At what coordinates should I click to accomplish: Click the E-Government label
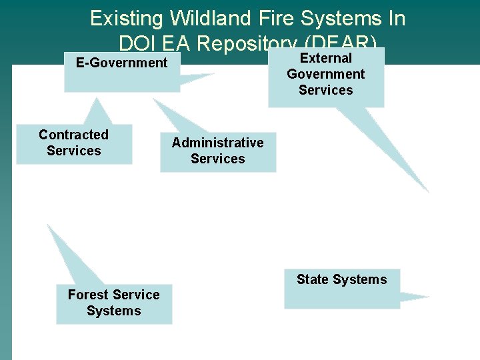pyautogui.click(x=121, y=63)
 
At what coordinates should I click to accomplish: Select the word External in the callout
pyautogui.click(x=326, y=58)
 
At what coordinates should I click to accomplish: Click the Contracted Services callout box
pyautogui.click(x=74, y=143)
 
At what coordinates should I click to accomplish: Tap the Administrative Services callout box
pyautogui.click(x=217, y=151)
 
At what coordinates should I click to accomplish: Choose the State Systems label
pyautogui.click(x=341, y=279)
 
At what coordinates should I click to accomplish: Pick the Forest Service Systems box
pyautogui.click(x=113, y=303)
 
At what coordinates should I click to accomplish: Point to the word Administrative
pyautogui.click(x=217, y=143)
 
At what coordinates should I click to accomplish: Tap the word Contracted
pyautogui.click(x=73, y=135)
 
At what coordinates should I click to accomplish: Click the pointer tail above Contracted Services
pyautogui.click(x=98, y=110)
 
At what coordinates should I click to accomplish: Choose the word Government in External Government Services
pyautogui.click(x=326, y=74)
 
